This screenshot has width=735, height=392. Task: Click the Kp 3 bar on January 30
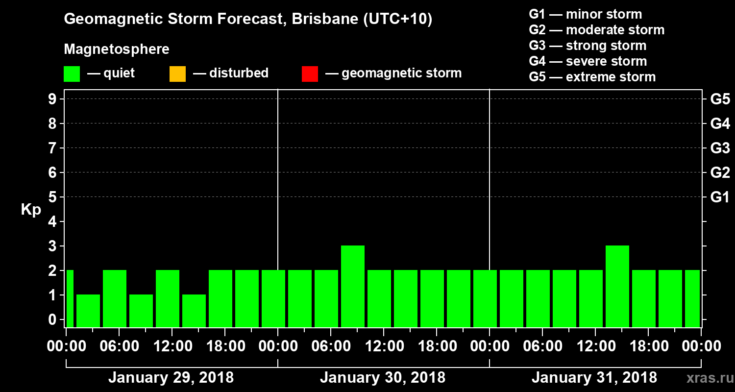[353, 286]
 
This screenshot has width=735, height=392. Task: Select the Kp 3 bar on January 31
[617, 286]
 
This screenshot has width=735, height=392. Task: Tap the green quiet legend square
[72, 73]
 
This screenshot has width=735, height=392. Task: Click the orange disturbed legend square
[177, 73]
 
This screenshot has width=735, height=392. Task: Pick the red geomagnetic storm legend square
[310, 73]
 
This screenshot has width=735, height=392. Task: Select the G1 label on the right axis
[720, 197]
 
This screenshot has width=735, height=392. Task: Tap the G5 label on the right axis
[720, 99]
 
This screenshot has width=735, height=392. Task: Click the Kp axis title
[31, 210]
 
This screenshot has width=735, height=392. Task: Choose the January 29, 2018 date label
[171, 378]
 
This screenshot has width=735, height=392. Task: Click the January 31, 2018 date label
[594, 378]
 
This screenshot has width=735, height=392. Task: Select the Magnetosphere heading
[117, 49]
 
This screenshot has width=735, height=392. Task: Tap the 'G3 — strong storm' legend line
[588, 46]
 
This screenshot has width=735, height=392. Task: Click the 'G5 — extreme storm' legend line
[592, 77]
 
